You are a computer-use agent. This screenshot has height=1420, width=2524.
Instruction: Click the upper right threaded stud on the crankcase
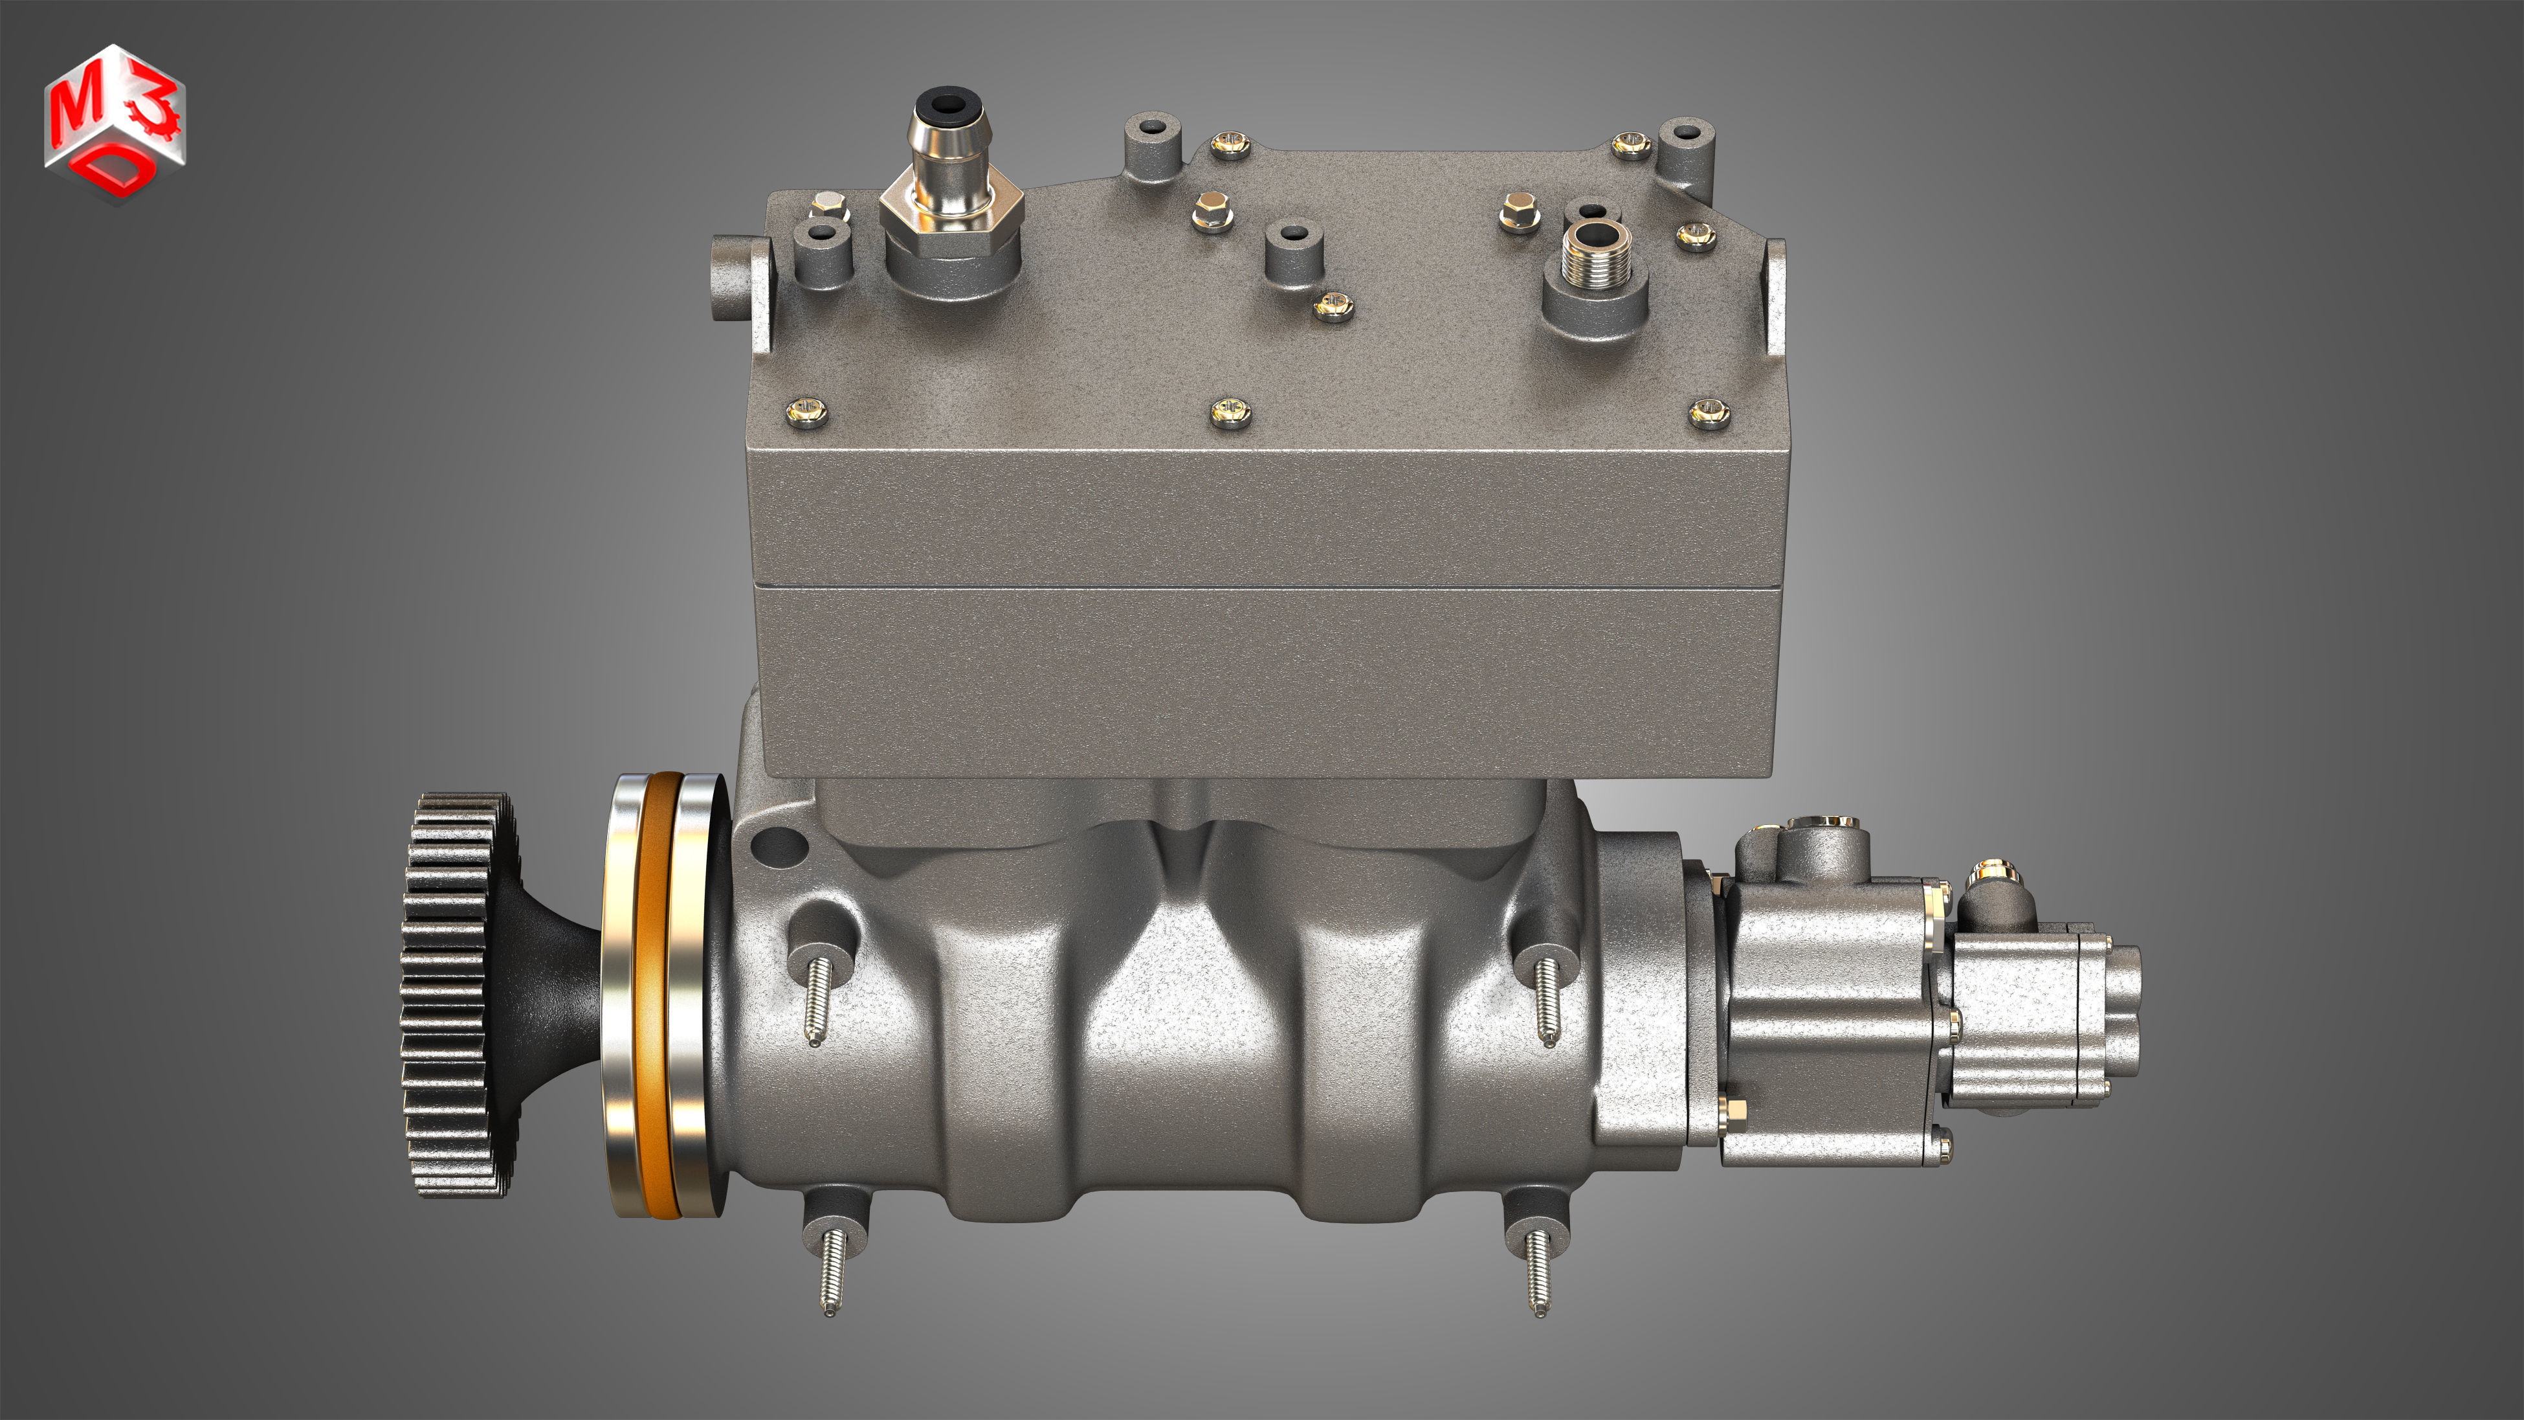pos(1546,1000)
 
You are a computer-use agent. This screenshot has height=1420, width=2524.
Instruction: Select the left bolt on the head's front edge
pos(806,412)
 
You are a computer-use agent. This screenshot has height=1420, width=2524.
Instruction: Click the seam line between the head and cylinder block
pos(1264,587)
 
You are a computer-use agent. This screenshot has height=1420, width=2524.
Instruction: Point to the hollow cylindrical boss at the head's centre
pos(1293,250)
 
